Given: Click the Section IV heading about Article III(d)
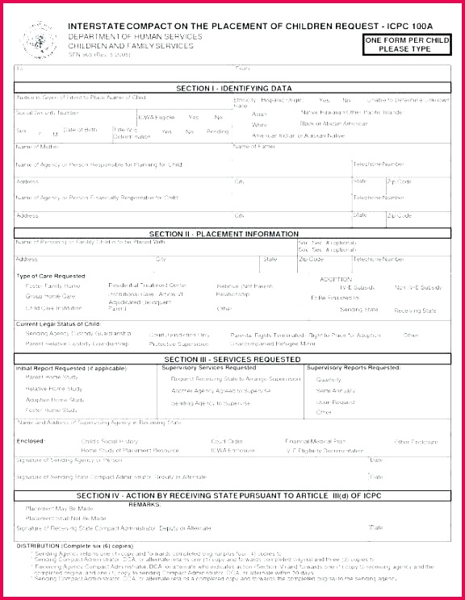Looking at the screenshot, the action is (234, 494).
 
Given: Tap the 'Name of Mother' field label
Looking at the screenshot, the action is (37, 147).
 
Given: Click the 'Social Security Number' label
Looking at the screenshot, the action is (48, 113).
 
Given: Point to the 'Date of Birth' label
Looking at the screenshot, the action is (80, 129).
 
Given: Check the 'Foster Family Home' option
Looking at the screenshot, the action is (53, 285).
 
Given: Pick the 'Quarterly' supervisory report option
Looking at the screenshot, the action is (329, 379).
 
